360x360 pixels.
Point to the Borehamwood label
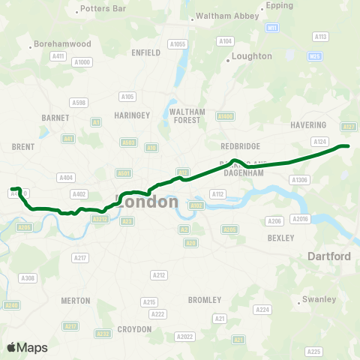(63, 45)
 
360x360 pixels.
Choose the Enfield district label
(145, 53)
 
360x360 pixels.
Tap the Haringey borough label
(133, 115)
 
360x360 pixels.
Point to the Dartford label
(329, 256)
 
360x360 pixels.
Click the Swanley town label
(319, 299)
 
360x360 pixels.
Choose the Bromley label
(205, 299)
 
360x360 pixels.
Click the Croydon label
(135, 328)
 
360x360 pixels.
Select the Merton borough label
(75, 300)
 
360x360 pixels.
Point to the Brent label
(23, 147)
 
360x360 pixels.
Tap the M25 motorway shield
(315, 56)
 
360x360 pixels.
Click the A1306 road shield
(300, 180)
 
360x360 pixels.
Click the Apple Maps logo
(27, 347)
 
